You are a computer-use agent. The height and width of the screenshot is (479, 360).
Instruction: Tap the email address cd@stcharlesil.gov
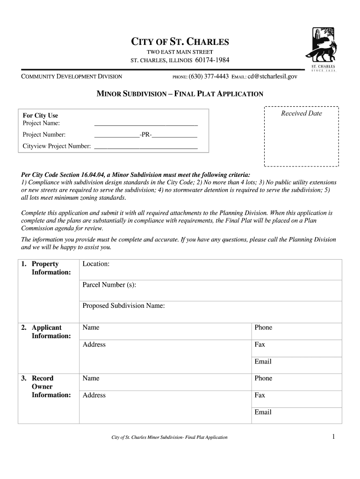(272, 76)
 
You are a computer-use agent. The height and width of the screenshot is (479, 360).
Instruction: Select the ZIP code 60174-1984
(212, 60)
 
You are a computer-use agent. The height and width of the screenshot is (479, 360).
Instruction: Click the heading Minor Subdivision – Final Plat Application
(180, 94)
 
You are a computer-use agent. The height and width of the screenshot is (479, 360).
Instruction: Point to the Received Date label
(302, 114)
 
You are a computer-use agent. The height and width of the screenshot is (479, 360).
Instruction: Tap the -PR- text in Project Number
(146, 135)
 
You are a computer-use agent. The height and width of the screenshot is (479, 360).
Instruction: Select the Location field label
(96, 264)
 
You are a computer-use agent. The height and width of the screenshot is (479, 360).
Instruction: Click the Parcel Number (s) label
(109, 285)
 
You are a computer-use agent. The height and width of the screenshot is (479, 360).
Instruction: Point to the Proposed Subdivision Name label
(123, 306)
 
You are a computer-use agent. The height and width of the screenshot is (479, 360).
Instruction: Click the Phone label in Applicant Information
(263, 327)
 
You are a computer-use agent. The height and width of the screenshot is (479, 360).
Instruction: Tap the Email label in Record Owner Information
(263, 412)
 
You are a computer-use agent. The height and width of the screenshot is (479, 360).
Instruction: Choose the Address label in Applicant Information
(94, 345)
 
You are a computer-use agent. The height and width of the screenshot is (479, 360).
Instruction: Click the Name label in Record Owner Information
(91, 378)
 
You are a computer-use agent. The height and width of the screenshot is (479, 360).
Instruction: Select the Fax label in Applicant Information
(259, 345)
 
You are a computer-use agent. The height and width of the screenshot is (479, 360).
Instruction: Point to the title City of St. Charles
(180, 42)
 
